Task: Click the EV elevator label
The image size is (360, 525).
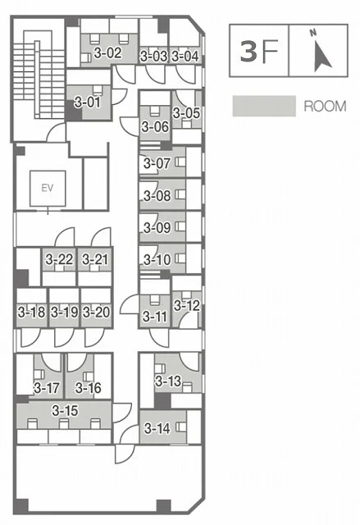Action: pyautogui.click(x=48, y=188)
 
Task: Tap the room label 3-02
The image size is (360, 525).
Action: pyautogui.click(x=107, y=52)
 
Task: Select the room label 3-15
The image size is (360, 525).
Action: pyautogui.click(x=65, y=410)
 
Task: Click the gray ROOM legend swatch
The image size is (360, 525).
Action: pyautogui.click(x=264, y=106)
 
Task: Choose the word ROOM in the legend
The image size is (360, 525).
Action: pyautogui.click(x=325, y=107)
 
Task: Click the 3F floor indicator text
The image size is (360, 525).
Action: pyautogui.click(x=259, y=51)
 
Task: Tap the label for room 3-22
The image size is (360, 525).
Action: pyautogui.click(x=59, y=259)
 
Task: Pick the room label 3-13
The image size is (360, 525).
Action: pyautogui.click(x=168, y=381)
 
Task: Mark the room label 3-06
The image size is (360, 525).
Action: pyautogui.click(x=155, y=126)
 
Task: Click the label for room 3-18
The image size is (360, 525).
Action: pyautogui.click(x=31, y=313)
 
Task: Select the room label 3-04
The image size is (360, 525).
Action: pyautogui.click(x=185, y=57)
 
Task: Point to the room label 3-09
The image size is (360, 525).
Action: pyautogui.click(x=157, y=228)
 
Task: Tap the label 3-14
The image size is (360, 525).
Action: pyautogui.click(x=157, y=428)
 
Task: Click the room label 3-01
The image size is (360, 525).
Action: pyautogui.click(x=87, y=102)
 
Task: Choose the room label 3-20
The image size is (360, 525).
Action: pyautogui.click(x=97, y=313)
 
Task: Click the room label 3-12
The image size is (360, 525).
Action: pyautogui.click(x=187, y=305)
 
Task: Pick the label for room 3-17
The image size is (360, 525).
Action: pyautogui.click(x=47, y=388)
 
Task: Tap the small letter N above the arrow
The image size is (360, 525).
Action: pyautogui.click(x=313, y=33)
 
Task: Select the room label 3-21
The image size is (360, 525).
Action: pyautogui.click(x=95, y=259)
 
